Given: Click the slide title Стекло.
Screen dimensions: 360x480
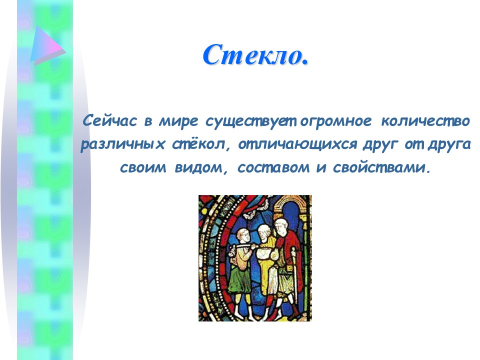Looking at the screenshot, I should (255, 55).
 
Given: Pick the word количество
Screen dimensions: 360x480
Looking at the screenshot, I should (425, 121).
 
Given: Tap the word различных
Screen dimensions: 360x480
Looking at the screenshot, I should (123, 144).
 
